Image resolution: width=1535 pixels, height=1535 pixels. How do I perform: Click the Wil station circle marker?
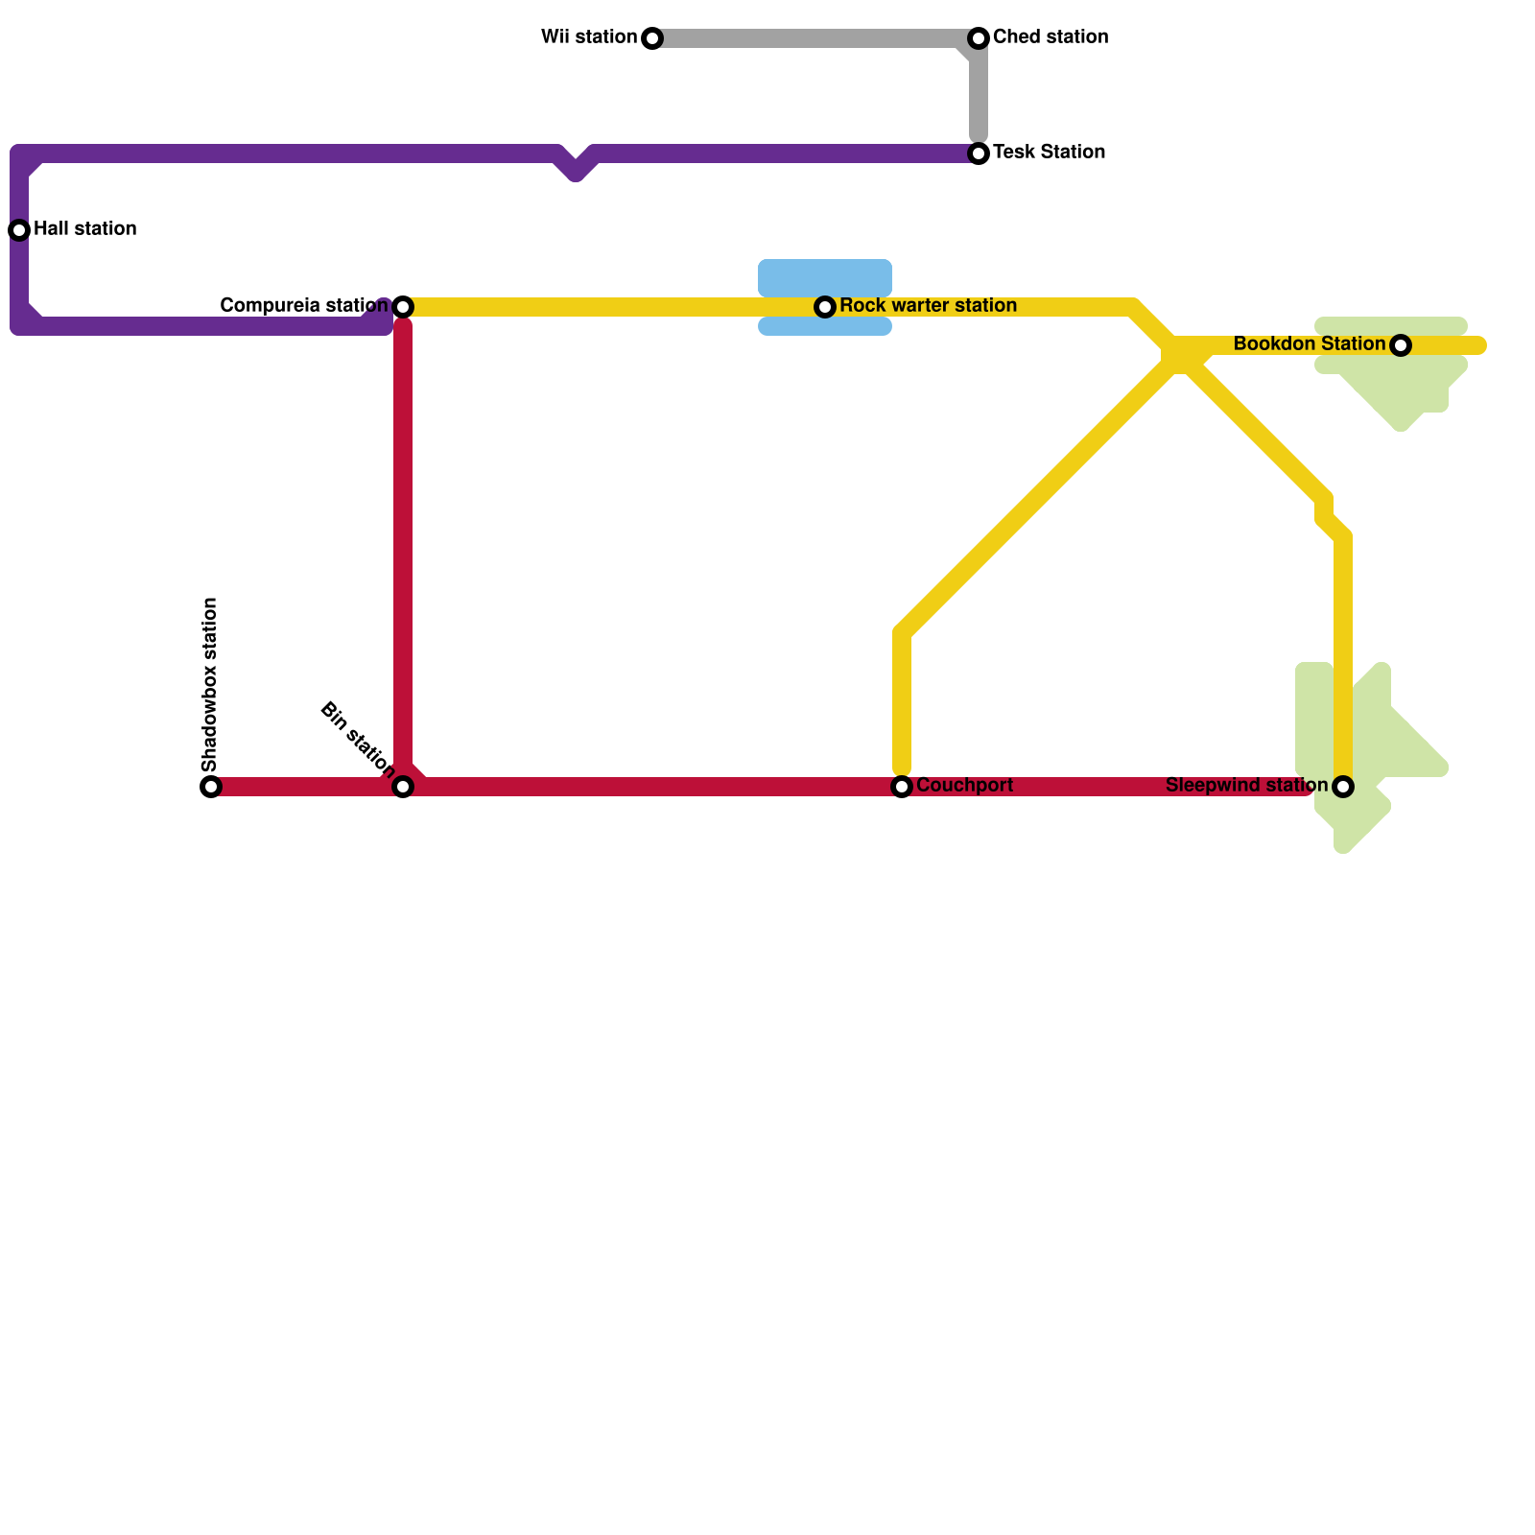coord(652,38)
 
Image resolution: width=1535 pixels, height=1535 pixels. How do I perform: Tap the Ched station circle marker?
coord(979,38)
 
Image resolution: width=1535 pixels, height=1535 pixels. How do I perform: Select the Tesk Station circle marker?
coord(979,153)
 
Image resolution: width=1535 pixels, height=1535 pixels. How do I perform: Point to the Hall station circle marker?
coord(19,230)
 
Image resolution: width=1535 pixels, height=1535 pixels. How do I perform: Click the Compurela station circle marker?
coord(403,307)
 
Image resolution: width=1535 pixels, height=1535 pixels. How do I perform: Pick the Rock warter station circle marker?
coord(825,307)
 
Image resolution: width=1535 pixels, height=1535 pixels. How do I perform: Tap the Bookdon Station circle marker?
coord(1401,345)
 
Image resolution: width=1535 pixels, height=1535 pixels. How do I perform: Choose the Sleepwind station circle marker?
coord(1343,787)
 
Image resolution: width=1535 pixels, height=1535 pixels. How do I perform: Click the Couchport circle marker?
coord(902,787)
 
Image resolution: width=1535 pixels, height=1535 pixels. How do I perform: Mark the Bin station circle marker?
coord(403,787)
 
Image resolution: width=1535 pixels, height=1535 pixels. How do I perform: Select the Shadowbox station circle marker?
coord(211,787)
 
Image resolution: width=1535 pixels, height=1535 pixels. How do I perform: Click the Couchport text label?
coord(964,786)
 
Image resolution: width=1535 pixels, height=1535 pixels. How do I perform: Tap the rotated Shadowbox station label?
coord(211,684)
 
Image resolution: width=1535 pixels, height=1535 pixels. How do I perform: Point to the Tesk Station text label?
coord(1049,153)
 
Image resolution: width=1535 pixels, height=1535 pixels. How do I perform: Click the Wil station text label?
coord(589,37)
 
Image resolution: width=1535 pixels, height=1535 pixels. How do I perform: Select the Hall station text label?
coord(84,229)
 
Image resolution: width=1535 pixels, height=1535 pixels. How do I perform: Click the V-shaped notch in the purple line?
coord(576,170)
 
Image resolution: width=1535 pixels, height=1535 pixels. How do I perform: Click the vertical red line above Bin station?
coord(403,547)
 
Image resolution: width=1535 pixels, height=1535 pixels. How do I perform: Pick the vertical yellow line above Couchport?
coord(902,700)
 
